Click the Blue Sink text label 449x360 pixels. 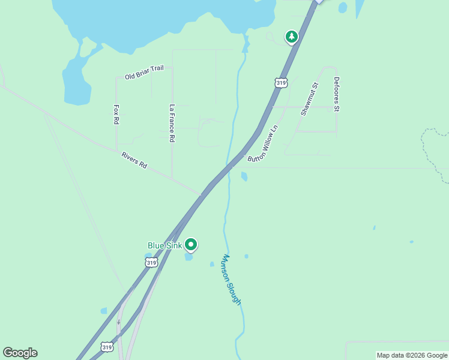(x=165, y=245)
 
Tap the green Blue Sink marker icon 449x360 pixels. (x=191, y=244)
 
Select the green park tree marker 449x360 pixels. (x=291, y=37)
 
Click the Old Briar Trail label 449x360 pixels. (x=144, y=73)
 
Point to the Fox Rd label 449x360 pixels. (x=116, y=115)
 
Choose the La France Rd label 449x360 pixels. (x=172, y=123)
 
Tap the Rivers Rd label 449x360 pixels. (x=134, y=160)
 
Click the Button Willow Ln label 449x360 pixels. (x=264, y=143)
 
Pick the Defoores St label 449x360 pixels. (x=337, y=94)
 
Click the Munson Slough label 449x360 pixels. (x=231, y=280)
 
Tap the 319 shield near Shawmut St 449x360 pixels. (x=281, y=82)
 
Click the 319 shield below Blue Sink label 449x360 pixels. (x=151, y=262)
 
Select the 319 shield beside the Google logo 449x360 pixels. (x=107, y=347)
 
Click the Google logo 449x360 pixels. (x=20, y=353)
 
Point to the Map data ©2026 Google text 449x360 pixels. (x=412, y=355)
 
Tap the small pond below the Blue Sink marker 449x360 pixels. (x=189, y=257)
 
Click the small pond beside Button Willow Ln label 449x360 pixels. (x=244, y=176)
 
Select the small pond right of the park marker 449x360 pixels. (x=342, y=8)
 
